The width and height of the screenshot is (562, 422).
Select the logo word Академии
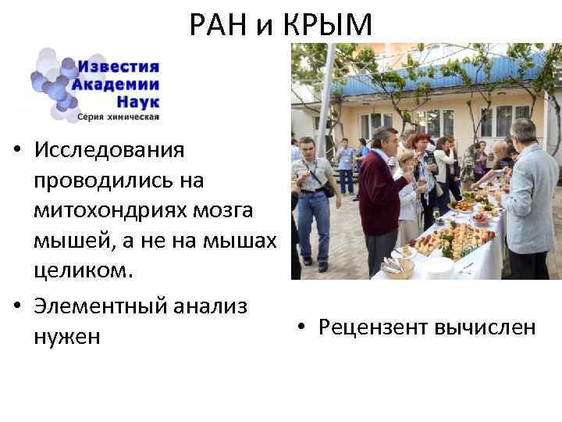point(116,84)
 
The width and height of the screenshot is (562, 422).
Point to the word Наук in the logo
point(137,102)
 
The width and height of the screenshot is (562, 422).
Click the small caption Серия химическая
point(118,118)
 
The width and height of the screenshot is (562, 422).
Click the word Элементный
point(108,306)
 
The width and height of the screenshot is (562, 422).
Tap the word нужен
point(67,338)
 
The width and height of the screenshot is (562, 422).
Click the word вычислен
point(488,327)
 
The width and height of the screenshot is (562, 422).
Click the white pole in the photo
point(325,102)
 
